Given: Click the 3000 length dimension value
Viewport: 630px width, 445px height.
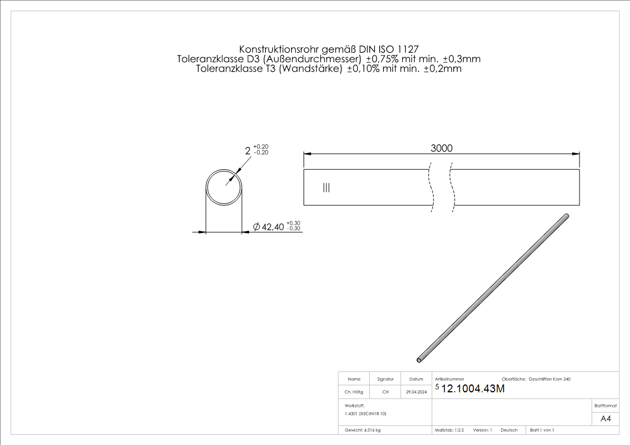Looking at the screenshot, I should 442,148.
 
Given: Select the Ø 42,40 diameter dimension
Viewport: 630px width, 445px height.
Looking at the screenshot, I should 269,227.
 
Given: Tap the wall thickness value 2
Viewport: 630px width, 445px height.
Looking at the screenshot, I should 247,151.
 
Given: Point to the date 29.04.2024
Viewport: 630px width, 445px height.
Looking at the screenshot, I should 416,392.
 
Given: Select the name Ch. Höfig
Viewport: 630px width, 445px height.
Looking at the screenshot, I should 354,392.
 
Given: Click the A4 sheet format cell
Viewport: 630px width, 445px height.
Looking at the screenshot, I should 605,419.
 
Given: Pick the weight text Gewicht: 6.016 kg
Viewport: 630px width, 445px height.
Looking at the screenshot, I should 363,430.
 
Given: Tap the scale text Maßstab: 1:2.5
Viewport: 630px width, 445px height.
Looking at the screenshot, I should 449,430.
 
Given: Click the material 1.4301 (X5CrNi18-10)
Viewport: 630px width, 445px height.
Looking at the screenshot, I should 366,413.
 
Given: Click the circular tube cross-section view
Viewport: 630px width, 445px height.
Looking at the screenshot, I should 224,186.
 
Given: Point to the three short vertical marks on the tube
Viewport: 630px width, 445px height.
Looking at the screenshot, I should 327,188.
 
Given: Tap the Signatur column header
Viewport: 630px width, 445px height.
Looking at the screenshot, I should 385,379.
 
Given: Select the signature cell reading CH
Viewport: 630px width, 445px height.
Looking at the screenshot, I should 385,392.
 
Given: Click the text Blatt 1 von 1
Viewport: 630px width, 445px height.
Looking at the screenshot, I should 542,430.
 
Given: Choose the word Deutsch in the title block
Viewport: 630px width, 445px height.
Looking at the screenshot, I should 509,430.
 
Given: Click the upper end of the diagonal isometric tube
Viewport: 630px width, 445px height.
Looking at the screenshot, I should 567,216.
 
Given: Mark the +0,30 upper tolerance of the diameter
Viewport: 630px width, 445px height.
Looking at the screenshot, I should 293,223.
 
